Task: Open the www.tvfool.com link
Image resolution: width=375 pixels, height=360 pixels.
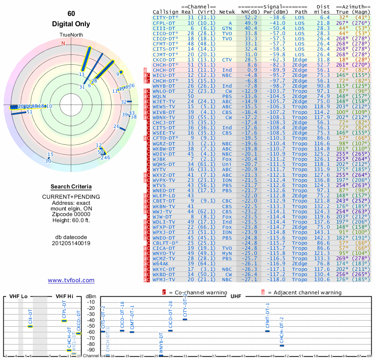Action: (x=71, y=280)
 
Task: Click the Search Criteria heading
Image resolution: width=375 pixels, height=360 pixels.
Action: (x=71, y=187)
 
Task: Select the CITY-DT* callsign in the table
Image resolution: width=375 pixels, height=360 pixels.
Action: (x=165, y=17)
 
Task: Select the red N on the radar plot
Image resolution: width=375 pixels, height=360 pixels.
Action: (x=63, y=43)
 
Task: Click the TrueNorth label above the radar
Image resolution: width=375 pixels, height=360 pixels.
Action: (x=71, y=35)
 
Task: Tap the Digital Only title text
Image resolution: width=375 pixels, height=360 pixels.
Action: (x=71, y=24)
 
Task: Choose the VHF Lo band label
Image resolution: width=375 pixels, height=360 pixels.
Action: (x=18, y=296)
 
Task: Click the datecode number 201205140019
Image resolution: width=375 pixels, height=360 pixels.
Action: (x=71, y=243)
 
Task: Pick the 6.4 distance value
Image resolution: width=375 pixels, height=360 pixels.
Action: (x=325, y=17)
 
